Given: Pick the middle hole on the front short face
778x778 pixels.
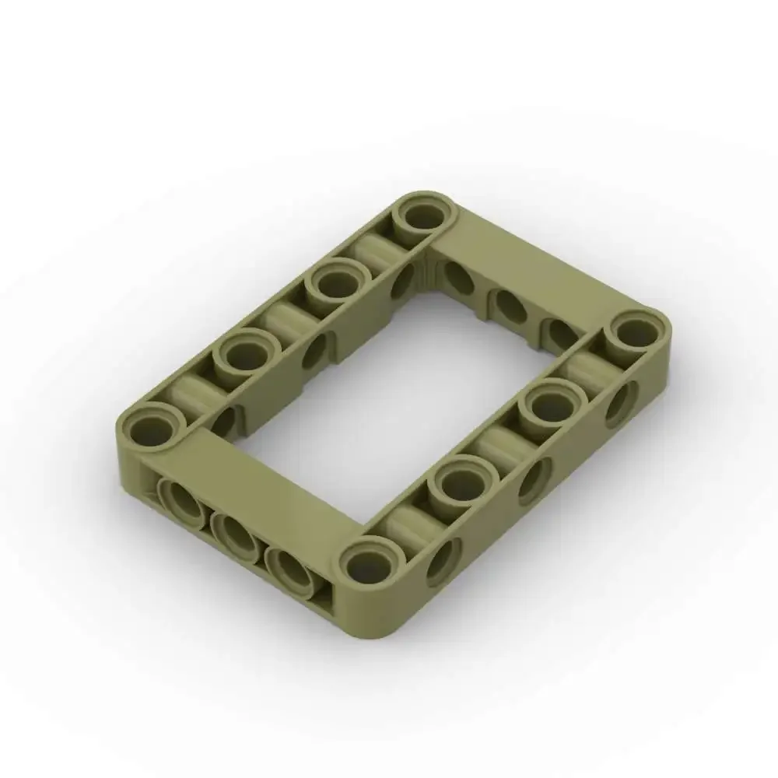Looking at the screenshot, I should pos(234,531).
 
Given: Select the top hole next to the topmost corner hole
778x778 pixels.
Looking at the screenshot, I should pos(336,284).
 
